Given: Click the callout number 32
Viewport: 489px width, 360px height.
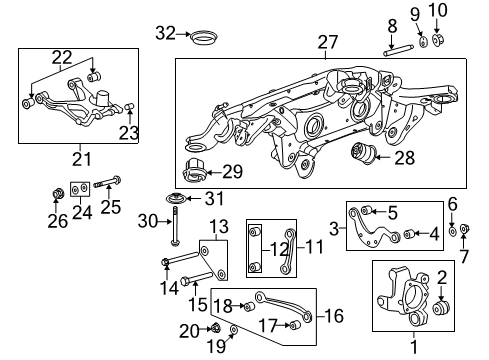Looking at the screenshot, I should (164, 33).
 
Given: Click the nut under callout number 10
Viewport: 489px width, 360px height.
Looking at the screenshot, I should (438, 41).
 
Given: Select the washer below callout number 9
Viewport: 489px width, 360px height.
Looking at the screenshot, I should (423, 41).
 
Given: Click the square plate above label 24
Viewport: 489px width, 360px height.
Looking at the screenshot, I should (79, 188).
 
